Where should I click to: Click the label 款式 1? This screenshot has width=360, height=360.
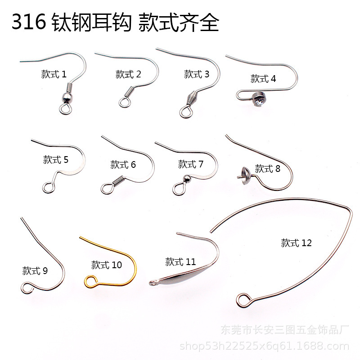[x=54, y=74]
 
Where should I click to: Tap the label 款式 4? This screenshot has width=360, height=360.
[x=263, y=79]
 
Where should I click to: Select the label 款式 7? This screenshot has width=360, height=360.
[x=191, y=164]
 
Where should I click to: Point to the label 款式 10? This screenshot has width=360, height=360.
[x=107, y=265]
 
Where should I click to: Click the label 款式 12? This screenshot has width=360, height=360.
[x=296, y=243]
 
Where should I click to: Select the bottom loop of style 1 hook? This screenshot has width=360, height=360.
[x=66, y=108]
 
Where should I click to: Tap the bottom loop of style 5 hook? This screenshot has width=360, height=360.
[x=47, y=186]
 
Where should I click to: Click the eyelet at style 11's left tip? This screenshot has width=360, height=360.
[x=154, y=282]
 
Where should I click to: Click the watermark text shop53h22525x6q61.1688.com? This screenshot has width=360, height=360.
[x=264, y=346]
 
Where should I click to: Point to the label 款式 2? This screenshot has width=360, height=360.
[x=128, y=74]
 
